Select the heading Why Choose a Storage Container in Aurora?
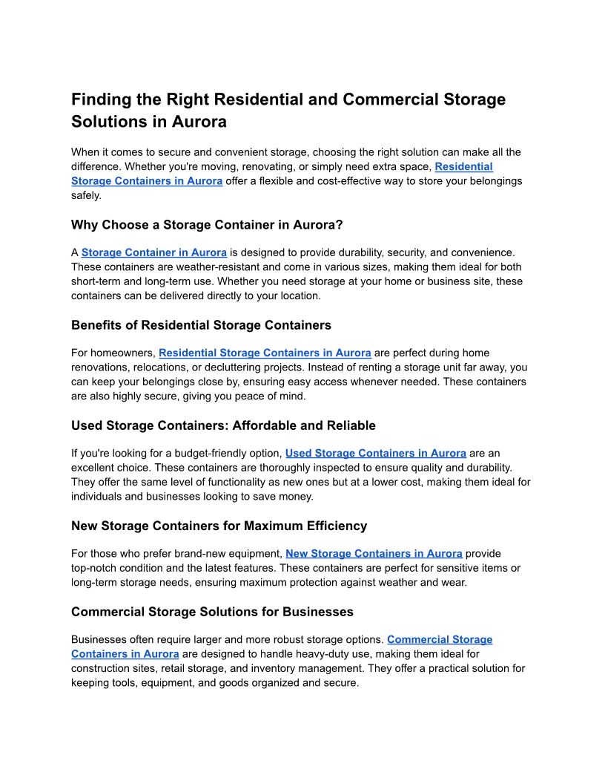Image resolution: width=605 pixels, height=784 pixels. click(x=207, y=225)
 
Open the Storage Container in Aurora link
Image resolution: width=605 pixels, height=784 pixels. click(x=154, y=252)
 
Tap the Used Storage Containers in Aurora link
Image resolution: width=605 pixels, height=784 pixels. click(x=375, y=453)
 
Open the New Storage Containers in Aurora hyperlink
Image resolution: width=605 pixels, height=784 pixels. click(x=374, y=553)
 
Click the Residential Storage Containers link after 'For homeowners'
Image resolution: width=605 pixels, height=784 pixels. click(x=265, y=353)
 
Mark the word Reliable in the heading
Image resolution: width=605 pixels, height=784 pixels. click(x=351, y=425)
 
